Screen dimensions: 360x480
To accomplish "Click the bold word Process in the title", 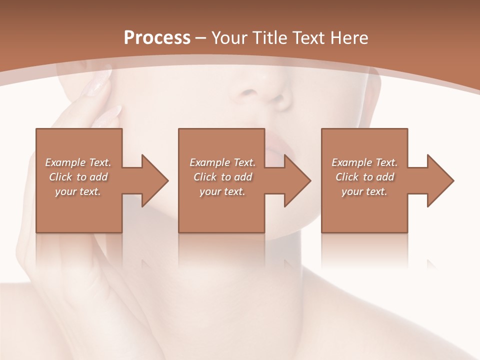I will click(x=157, y=38).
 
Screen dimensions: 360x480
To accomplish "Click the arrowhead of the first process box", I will click(x=154, y=180).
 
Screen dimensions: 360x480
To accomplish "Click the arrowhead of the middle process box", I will click(x=297, y=180).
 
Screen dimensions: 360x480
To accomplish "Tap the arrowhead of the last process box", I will click(x=439, y=180).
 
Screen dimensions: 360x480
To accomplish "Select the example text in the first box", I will click(x=78, y=177).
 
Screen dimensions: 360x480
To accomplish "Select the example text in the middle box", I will click(x=222, y=177).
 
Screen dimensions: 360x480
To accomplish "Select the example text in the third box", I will click(x=364, y=177).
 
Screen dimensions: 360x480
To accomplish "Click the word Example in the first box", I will click(x=65, y=162).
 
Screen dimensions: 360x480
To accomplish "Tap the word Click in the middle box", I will click(x=204, y=177).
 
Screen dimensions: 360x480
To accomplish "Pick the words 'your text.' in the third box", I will click(x=364, y=191).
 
